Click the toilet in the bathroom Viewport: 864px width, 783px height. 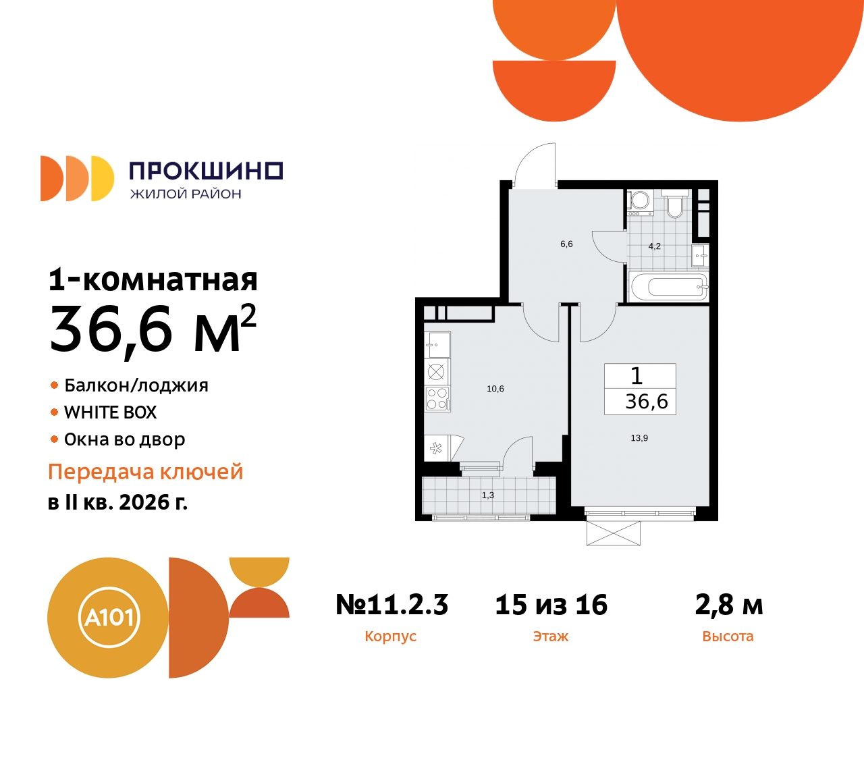(674, 205)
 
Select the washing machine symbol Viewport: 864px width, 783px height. (639, 200)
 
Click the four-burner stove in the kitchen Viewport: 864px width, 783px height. (437, 398)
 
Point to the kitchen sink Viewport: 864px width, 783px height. (437, 345)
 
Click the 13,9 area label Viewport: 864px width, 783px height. (639, 438)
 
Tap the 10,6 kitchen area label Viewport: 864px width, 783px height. (495, 389)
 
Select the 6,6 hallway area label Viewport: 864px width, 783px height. (566, 244)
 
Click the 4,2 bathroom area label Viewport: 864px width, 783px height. (654, 246)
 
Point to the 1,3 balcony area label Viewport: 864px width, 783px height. (488, 495)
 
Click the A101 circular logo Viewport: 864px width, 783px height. (108, 617)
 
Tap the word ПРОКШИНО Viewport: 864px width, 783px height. (205, 171)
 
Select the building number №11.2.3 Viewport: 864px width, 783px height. (391, 605)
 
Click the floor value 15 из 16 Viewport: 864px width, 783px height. (551, 605)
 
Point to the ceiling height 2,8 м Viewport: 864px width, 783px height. (728, 605)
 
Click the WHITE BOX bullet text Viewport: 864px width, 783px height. (110, 412)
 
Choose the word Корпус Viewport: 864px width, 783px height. (390, 637)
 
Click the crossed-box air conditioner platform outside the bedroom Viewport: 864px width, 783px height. (613, 533)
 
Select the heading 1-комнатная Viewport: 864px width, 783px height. (153, 279)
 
